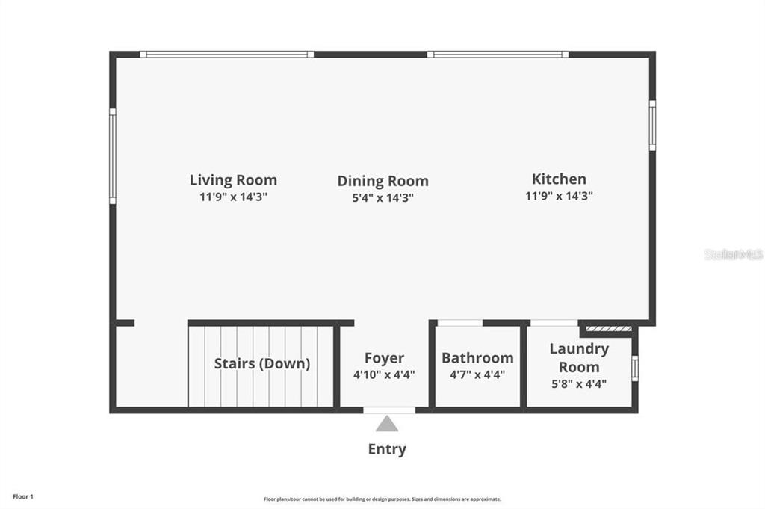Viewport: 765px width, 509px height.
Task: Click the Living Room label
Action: coord(233,180)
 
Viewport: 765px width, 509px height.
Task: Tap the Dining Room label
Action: coord(382,181)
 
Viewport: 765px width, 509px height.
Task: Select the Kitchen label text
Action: coord(559,179)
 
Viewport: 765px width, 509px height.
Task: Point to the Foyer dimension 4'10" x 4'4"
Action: coord(384,375)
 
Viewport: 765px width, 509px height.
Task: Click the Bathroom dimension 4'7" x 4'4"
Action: coord(477,375)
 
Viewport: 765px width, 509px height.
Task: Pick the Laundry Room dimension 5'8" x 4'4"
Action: coord(579,384)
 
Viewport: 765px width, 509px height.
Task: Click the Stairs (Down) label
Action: coord(261,364)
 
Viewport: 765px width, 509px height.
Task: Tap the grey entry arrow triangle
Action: coord(386,425)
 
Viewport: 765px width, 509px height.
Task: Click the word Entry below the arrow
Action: coord(387,449)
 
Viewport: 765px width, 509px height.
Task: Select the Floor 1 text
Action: coord(23,496)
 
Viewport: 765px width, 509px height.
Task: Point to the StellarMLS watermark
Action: coord(734,255)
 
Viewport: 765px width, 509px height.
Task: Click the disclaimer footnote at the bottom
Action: coord(382,499)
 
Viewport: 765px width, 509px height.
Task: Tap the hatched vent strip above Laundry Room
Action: coord(608,327)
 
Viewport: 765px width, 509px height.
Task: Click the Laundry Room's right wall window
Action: coord(635,368)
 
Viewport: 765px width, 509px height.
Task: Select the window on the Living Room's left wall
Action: coord(113,155)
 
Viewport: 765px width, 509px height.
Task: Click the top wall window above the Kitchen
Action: coord(498,54)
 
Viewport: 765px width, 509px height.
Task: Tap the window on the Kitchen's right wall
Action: coord(652,126)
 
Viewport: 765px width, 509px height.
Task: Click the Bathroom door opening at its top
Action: coord(459,323)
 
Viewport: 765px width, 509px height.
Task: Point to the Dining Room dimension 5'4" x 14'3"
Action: coord(382,198)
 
